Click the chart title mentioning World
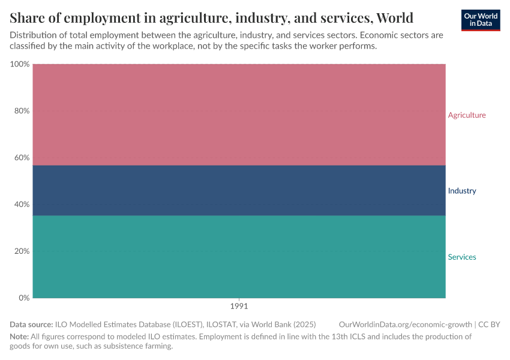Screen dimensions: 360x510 coord(211,17)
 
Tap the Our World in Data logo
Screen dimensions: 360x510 coord(480,20)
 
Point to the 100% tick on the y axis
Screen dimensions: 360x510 coord(20,64)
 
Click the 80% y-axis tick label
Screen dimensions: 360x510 coord(21,111)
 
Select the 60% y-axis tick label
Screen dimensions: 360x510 coord(21,158)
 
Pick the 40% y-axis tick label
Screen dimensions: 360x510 coord(21,205)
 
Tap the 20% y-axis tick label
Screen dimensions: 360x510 coord(21,251)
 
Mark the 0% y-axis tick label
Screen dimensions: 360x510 coord(23,298)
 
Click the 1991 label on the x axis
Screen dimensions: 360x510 coord(239,305)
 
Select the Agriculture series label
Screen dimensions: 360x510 coord(467,115)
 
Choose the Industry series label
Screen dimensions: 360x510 coord(461,191)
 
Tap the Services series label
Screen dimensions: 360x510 coord(461,257)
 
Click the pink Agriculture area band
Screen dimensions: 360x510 coord(239,114)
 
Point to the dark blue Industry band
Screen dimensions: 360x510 coord(239,190)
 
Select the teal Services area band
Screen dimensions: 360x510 coord(239,257)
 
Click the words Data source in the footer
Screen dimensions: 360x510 coord(31,325)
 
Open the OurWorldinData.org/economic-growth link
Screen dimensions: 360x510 coord(406,325)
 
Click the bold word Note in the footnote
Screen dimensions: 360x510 coord(19,337)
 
